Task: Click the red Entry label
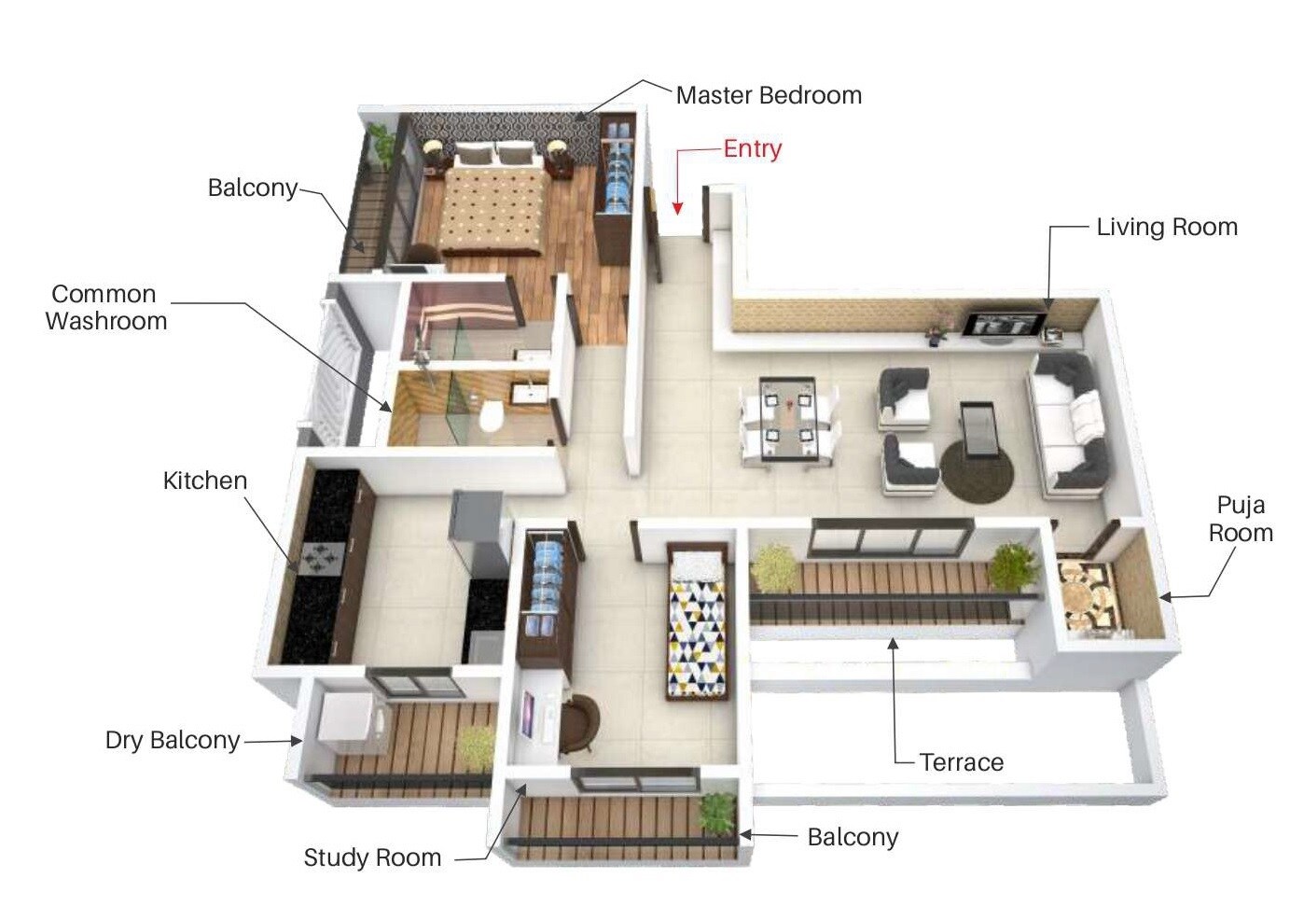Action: pyautogui.click(x=752, y=148)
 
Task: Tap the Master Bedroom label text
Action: pyautogui.click(x=769, y=95)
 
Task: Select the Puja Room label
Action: pyautogui.click(x=1241, y=519)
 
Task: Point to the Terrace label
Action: pyautogui.click(x=962, y=762)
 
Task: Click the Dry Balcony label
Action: pyautogui.click(x=173, y=740)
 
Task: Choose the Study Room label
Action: pyautogui.click(x=372, y=857)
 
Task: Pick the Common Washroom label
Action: pyautogui.click(x=105, y=307)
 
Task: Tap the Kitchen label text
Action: pyautogui.click(x=205, y=481)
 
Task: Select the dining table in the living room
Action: pyautogui.click(x=789, y=420)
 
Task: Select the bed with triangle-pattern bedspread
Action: pyautogui.click(x=697, y=622)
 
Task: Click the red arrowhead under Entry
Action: pyautogui.click(x=678, y=207)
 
